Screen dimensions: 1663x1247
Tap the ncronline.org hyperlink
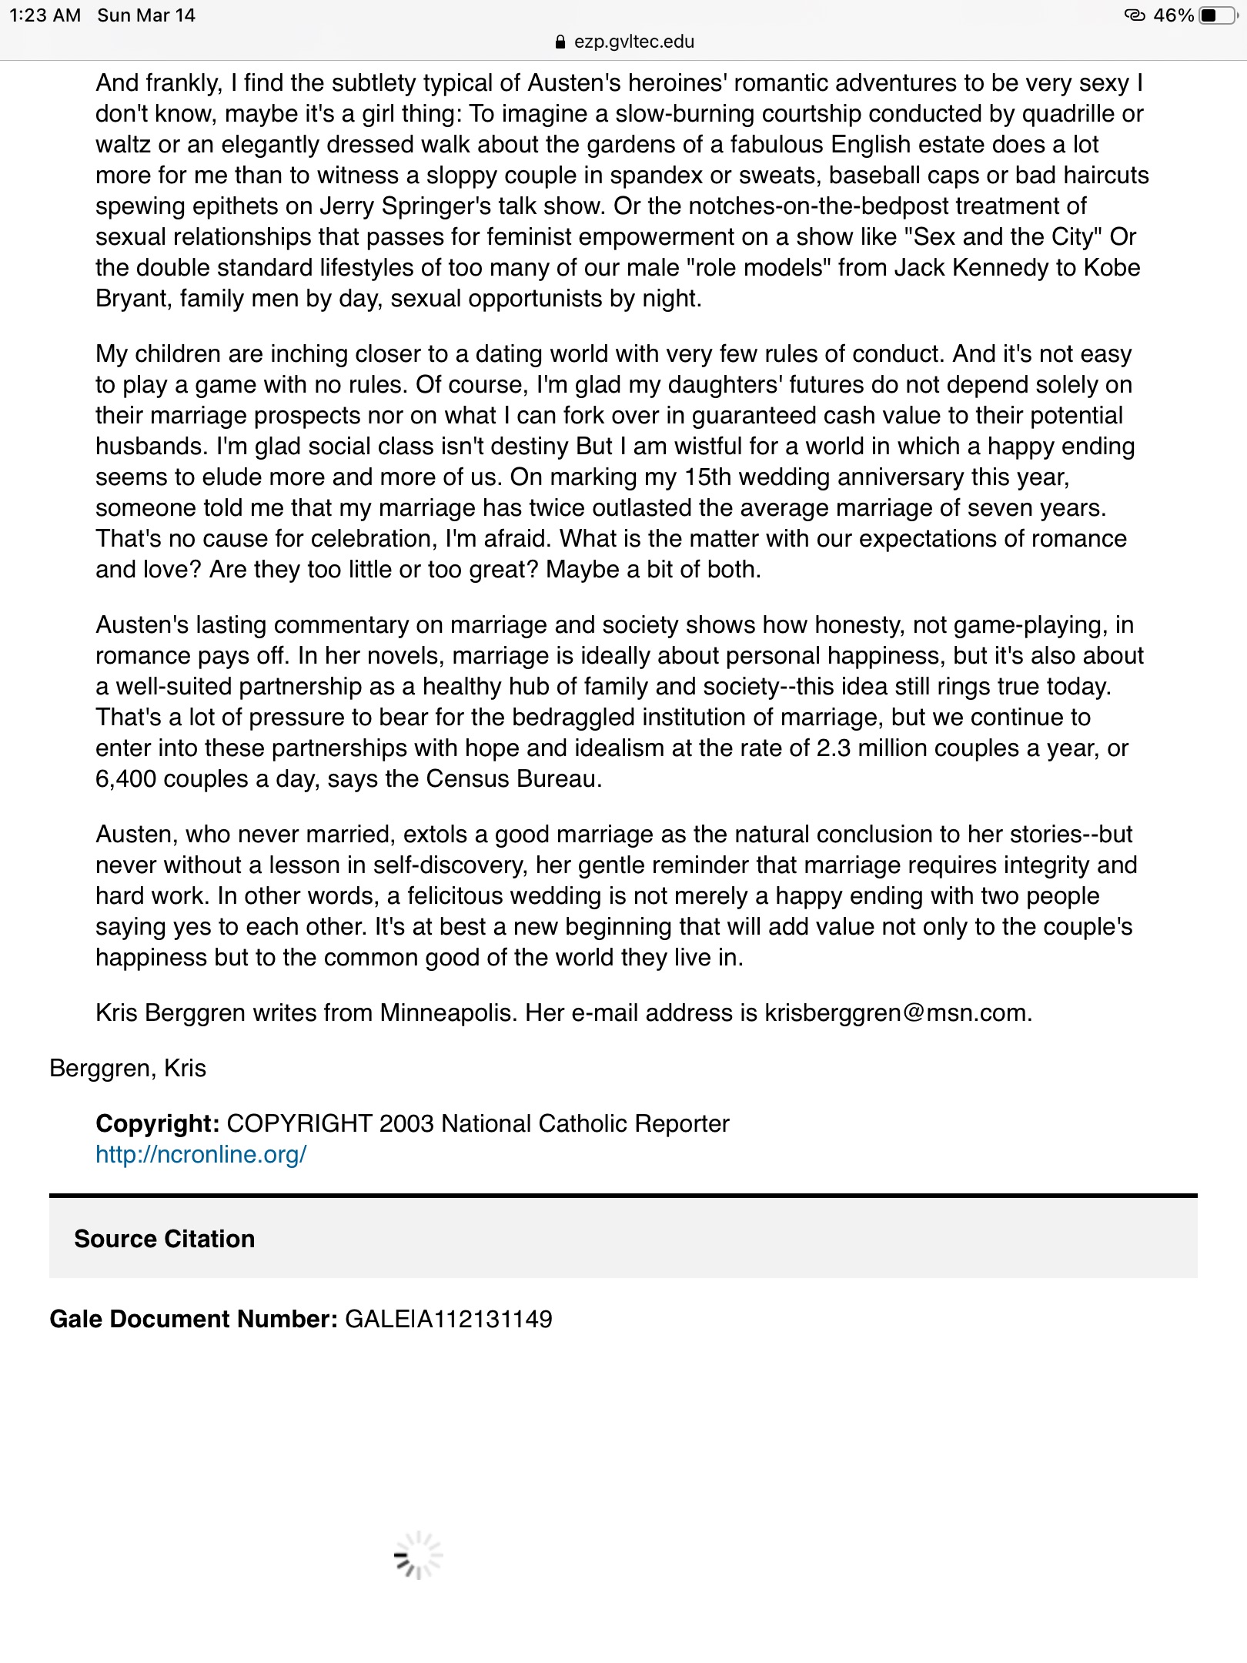[x=201, y=1154]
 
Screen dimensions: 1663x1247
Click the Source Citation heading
[x=164, y=1239]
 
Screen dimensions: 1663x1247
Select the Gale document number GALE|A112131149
[x=448, y=1319]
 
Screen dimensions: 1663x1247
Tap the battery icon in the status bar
[x=1215, y=15]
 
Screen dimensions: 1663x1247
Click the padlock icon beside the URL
[x=560, y=42]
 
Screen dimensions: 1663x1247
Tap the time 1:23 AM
[x=45, y=15]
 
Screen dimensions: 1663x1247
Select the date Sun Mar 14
[x=146, y=15]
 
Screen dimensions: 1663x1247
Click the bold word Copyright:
[x=158, y=1123]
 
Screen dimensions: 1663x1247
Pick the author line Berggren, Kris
[x=128, y=1068]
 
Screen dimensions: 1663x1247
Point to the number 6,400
[x=125, y=779]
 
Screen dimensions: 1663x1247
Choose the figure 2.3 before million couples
[x=834, y=748]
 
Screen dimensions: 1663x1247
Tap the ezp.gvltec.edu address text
[x=634, y=42]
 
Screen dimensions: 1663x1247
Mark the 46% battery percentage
[x=1173, y=15]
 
